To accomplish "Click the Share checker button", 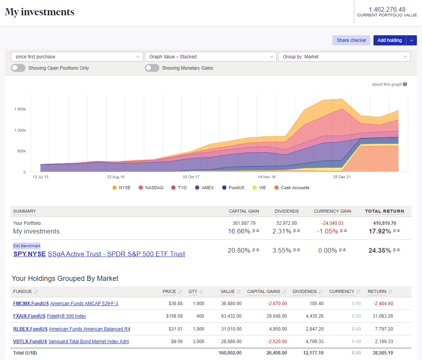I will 351,40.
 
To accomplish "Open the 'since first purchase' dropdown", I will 77,57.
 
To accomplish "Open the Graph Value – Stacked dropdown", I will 211,57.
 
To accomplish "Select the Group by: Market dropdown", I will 344,57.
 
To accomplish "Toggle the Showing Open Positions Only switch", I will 18,68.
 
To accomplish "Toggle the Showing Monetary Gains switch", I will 152,68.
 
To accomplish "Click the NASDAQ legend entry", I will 151,188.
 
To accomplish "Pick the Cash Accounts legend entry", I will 292,188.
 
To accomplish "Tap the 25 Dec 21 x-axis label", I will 342,177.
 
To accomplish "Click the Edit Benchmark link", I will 27,246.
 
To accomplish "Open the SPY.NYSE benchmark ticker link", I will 29,254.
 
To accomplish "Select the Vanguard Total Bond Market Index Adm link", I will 89,342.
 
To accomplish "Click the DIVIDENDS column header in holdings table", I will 305,291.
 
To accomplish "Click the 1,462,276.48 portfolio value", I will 387,9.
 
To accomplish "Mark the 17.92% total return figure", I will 380,231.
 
